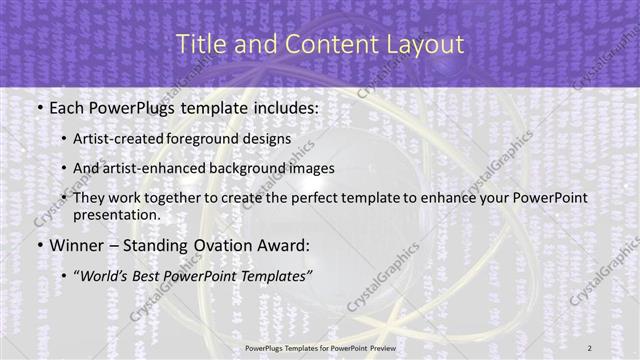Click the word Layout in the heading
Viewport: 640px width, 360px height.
[426, 44]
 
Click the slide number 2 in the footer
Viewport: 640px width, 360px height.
[590, 347]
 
